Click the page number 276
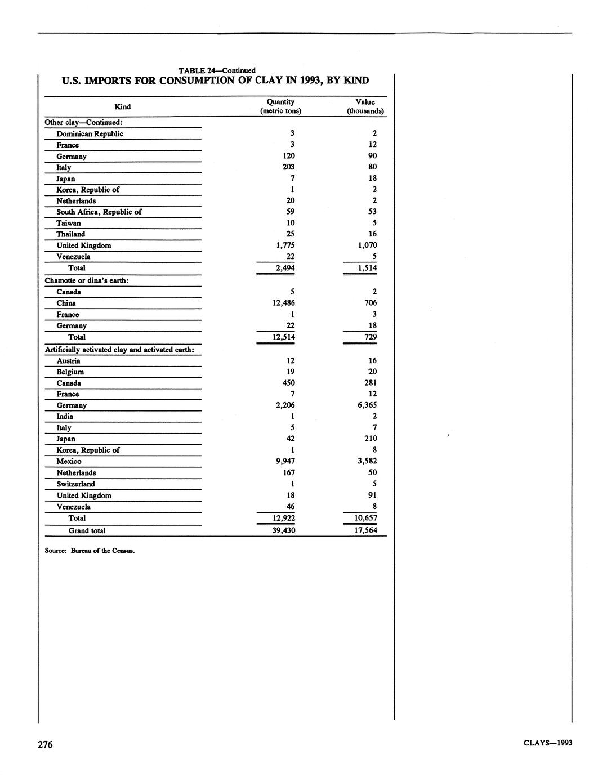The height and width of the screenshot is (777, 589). point(45,745)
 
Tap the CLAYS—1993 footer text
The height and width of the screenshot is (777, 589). point(547,743)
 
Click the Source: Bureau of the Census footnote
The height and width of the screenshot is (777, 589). point(90,551)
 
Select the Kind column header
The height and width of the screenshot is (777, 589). point(122,106)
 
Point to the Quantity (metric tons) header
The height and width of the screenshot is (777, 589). point(280,106)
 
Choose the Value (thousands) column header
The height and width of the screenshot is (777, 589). point(365,106)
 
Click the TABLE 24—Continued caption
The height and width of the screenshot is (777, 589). point(217,70)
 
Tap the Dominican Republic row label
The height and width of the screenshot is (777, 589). point(90,134)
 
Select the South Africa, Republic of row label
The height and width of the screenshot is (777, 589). point(99,212)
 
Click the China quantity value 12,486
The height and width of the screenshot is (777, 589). point(283,303)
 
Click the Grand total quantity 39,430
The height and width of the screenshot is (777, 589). point(283,530)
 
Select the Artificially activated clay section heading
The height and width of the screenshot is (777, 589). point(119,350)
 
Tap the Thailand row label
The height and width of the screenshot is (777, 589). point(70,234)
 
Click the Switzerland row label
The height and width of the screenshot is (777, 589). point(75,484)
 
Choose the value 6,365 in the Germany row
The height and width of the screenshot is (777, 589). point(367,405)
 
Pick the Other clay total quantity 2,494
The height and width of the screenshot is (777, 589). point(285,268)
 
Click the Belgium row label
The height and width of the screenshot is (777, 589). point(70,372)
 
